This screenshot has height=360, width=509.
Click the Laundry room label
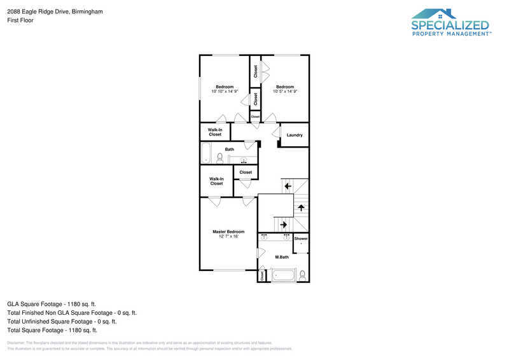(295, 135)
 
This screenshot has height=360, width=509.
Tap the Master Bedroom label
(228, 232)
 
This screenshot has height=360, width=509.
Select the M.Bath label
(282, 257)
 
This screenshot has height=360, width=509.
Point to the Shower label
(301, 239)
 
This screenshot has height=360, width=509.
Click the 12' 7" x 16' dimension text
(228, 236)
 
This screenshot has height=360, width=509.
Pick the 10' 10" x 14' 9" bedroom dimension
(225, 92)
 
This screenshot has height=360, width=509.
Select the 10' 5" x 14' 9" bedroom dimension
(285, 92)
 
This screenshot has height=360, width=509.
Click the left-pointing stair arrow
(288, 186)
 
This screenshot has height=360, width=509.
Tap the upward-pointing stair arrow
(302, 208)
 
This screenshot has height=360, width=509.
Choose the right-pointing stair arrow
(283, 224)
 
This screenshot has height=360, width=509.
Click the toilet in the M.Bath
(302, 275)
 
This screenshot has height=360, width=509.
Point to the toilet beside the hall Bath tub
(220, 157)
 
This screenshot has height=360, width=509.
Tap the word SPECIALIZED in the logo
(450, 25)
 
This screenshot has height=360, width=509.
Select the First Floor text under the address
(20, 20)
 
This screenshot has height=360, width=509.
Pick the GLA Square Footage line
(52, 304)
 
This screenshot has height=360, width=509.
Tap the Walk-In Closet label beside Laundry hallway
(215, 132)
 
